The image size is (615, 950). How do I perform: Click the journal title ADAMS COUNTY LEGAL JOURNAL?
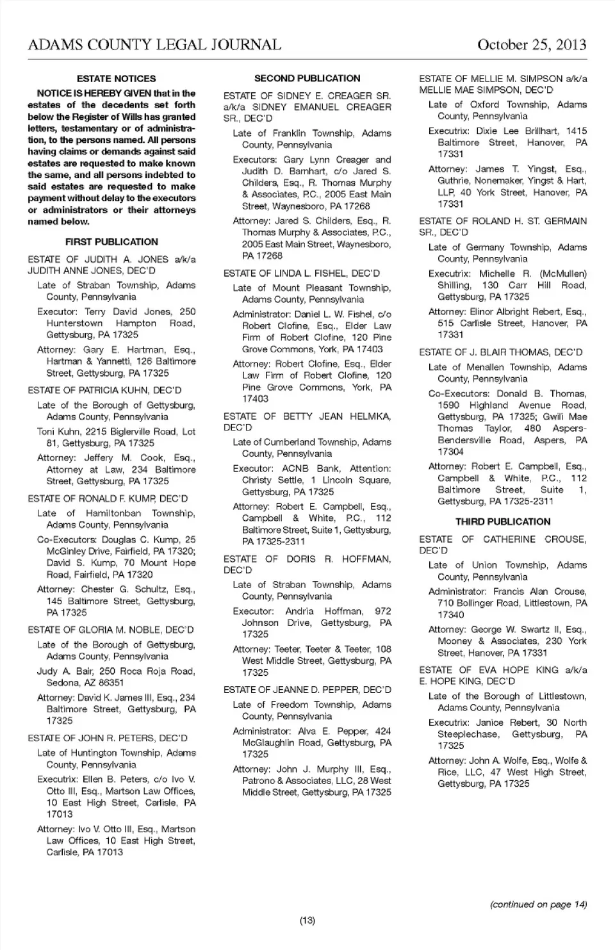tap(154, 45)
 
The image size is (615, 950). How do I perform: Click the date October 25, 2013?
tap(532, 45)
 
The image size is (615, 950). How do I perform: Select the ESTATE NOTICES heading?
tap(116, 79)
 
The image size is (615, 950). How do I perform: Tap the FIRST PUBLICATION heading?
tap(111, 242)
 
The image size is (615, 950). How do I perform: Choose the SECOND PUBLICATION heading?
tap(307, 79)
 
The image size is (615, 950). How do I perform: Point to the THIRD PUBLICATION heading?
tap(503, 521)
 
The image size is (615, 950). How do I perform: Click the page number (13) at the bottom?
tap(307, 921)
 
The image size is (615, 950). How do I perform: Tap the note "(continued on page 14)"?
tap(538, 905)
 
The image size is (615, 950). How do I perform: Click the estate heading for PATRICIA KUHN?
tap(104, 390)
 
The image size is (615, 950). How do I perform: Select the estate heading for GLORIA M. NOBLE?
tap(111, 630)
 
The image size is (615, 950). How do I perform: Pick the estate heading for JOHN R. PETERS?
tap(108, 738)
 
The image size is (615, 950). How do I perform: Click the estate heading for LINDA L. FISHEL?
tap(301, 273)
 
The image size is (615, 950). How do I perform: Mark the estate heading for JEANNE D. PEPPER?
tap(307, 690)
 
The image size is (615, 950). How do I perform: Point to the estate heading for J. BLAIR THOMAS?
tap(500, 352)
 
